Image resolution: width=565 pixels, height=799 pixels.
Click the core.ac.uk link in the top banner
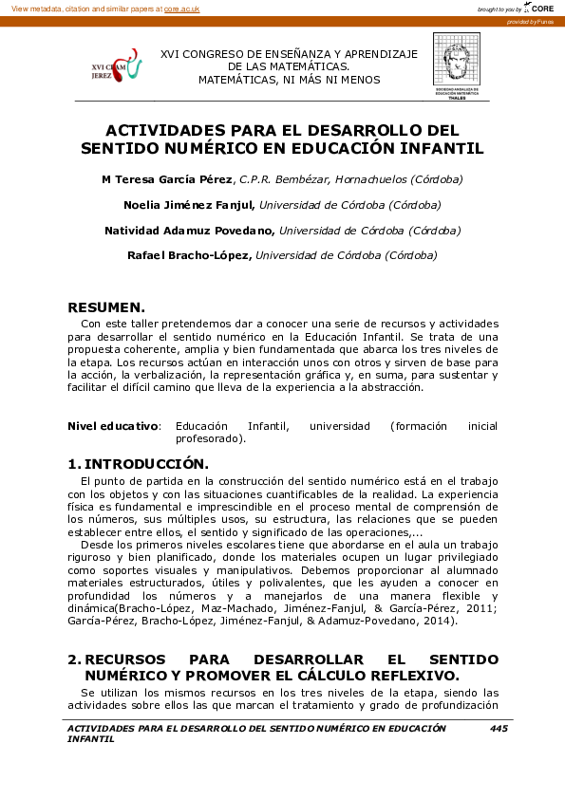click(182, 8)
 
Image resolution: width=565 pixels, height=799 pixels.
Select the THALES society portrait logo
click(457, 65)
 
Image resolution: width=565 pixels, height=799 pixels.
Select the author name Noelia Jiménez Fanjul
click(189, 205)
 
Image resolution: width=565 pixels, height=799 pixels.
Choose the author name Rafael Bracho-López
click(189, 255)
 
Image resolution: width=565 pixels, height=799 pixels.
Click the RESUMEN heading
click(106, 307)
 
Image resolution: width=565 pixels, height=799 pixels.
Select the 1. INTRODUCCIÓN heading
click(138, 464)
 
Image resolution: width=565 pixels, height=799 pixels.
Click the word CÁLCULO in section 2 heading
click(339, 676)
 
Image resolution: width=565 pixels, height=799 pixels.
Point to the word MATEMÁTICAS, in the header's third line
click(236, 80)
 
